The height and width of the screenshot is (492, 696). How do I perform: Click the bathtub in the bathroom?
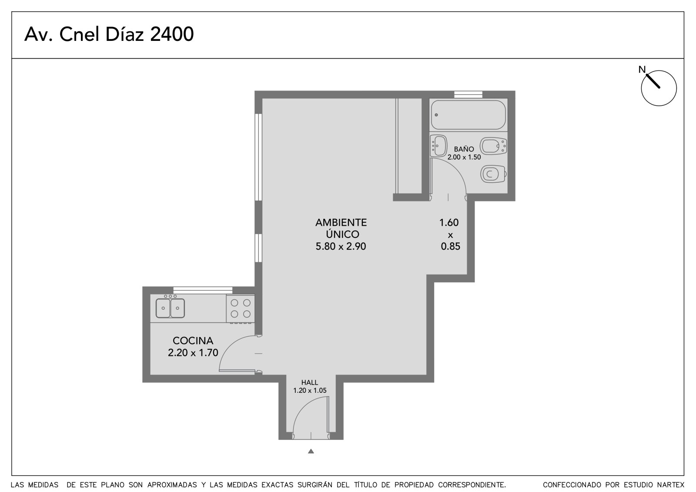point(468,115)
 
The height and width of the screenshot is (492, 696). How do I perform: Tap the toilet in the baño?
point(493,174)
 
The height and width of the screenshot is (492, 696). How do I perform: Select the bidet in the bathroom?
point(493,146)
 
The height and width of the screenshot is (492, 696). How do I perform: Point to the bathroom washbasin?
point(438,146)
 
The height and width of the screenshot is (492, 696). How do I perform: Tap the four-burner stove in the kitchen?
point(241,308)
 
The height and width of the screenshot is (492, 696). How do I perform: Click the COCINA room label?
point(193,341)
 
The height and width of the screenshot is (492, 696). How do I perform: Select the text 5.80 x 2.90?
point(341,247)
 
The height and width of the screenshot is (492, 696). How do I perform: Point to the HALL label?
point(310,382)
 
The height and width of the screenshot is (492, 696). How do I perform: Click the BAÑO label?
point(464,149)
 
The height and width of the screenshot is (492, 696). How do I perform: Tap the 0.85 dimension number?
point(451,247)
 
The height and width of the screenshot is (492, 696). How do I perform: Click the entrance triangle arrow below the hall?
point(311,451)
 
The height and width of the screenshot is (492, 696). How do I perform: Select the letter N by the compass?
point(642,70)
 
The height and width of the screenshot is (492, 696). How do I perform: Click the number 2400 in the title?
point(172,34)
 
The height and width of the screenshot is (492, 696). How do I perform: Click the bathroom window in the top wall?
point(468,94)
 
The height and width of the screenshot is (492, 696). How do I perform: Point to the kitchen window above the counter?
point(203,290)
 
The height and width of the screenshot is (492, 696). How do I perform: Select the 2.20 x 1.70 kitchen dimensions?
point(193,353)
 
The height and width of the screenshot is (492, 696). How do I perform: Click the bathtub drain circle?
point(436,115)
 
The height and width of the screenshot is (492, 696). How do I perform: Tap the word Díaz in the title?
point(124,34)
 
